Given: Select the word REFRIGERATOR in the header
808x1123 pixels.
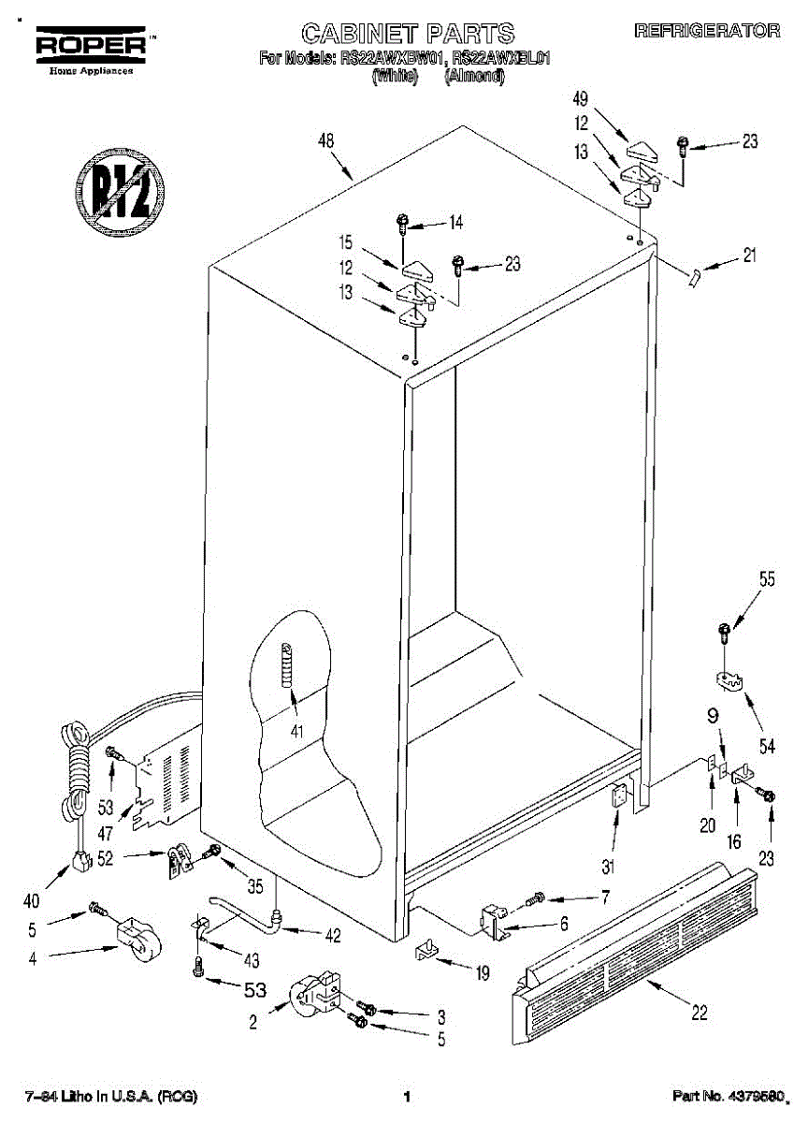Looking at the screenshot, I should tap(707, 32).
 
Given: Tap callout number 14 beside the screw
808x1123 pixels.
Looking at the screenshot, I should tap(455, 223).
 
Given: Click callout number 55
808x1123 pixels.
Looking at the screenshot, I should tap(767, 579).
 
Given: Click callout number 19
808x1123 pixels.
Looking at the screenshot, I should tap(483, 973).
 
